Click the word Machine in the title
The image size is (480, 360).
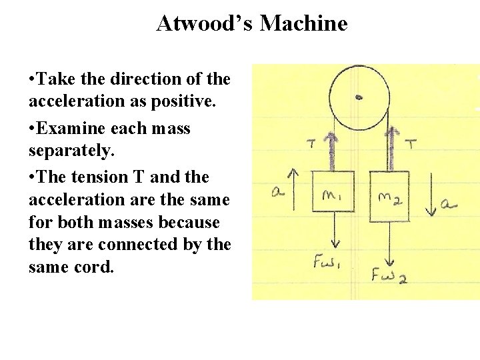(x=303, y=24)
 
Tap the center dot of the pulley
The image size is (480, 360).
(x=359, y=97)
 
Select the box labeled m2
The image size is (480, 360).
(x=389, y=193)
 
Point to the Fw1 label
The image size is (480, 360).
(x=328, y=261)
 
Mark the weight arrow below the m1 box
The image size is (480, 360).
(x=332, y=230)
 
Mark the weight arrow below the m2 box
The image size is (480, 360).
(x=390, y=241)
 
